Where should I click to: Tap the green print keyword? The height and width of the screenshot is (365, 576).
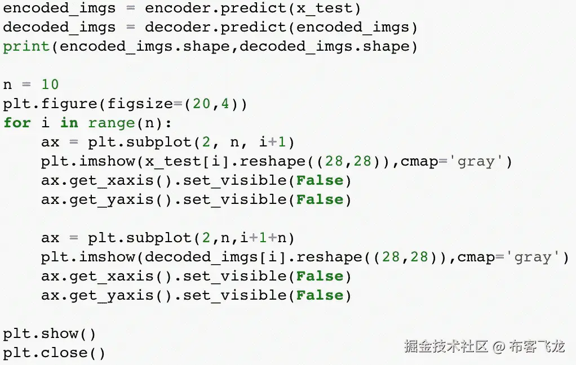tap(26, 46)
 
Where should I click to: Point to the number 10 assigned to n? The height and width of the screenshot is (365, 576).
tap(50, 84)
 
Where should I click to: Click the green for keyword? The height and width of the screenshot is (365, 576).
tap(17, 123)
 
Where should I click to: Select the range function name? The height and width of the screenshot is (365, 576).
tap(112, 123)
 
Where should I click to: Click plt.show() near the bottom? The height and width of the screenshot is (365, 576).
tap(50, 333)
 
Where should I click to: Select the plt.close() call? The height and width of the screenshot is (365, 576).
tap(54, 353)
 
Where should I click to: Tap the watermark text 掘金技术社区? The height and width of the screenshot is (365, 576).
tap(446, 346)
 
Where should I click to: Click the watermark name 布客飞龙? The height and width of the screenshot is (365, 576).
tap(537, 346)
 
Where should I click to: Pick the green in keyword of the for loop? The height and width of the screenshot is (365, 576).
tap(69, 123)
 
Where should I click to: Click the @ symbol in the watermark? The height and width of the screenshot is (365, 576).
tap(498, 346)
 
